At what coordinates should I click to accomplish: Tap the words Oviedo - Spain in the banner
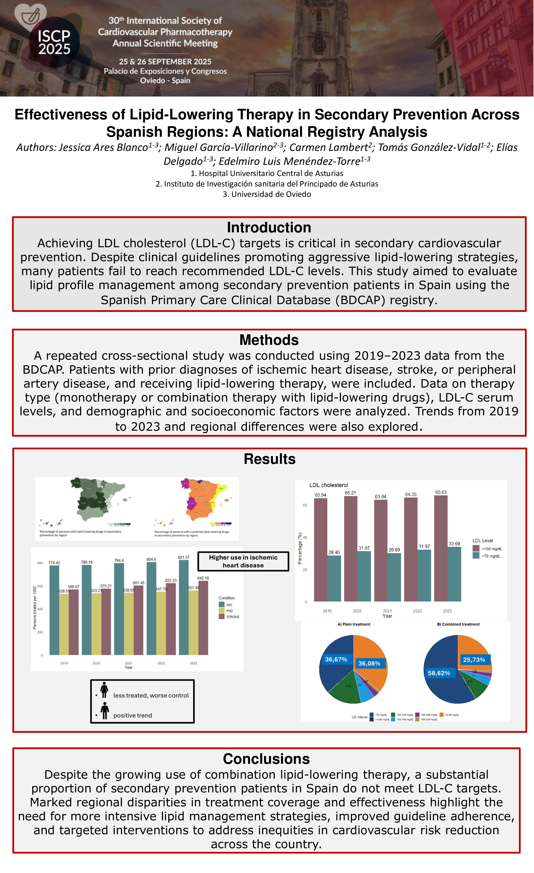pyautogui.click(x=165, y=80)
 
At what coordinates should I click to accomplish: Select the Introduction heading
pyautogui.click(x=269, y=227)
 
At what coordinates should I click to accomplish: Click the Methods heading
pyautogui.click(x=269, y=340)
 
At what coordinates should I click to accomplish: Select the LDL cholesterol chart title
pyautogui.click(x=328, y=485)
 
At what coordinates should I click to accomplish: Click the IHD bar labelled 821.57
pyautogui.click(x=183, y=607)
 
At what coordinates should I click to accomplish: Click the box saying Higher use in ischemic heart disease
pyautogui.click(x=243, y=561)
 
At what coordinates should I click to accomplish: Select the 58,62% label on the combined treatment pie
pyautogui.click(x=439, y=673)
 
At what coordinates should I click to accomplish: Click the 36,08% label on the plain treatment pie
pyautogui.click(x=369, y=663)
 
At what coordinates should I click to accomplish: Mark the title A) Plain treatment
pyautogui.click(x=354, y=624)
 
